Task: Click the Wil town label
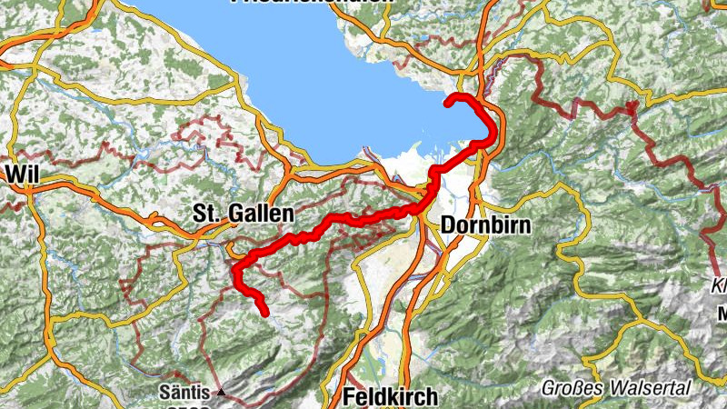(22, 173)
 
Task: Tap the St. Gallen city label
(244, 214)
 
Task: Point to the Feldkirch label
(391, 397)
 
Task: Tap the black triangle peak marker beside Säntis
(221, 394)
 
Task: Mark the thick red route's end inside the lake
(447, 104)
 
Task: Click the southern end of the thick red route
(265, 314)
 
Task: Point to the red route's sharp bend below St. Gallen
(235, 270)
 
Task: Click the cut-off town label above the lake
(312, 2)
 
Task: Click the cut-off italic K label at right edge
(719, 285)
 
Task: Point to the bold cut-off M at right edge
(721, 315)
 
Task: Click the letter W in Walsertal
(625, 386)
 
